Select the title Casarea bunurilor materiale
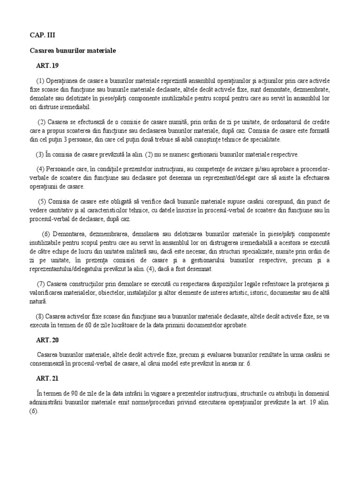pyautogui.click(x=73, y=50)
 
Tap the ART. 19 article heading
pyautogui.click(x=48, y=65)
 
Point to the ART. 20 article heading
pyautogui.click(x=49, y=340)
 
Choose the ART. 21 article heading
pyautogui.click(x=49, y=377)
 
